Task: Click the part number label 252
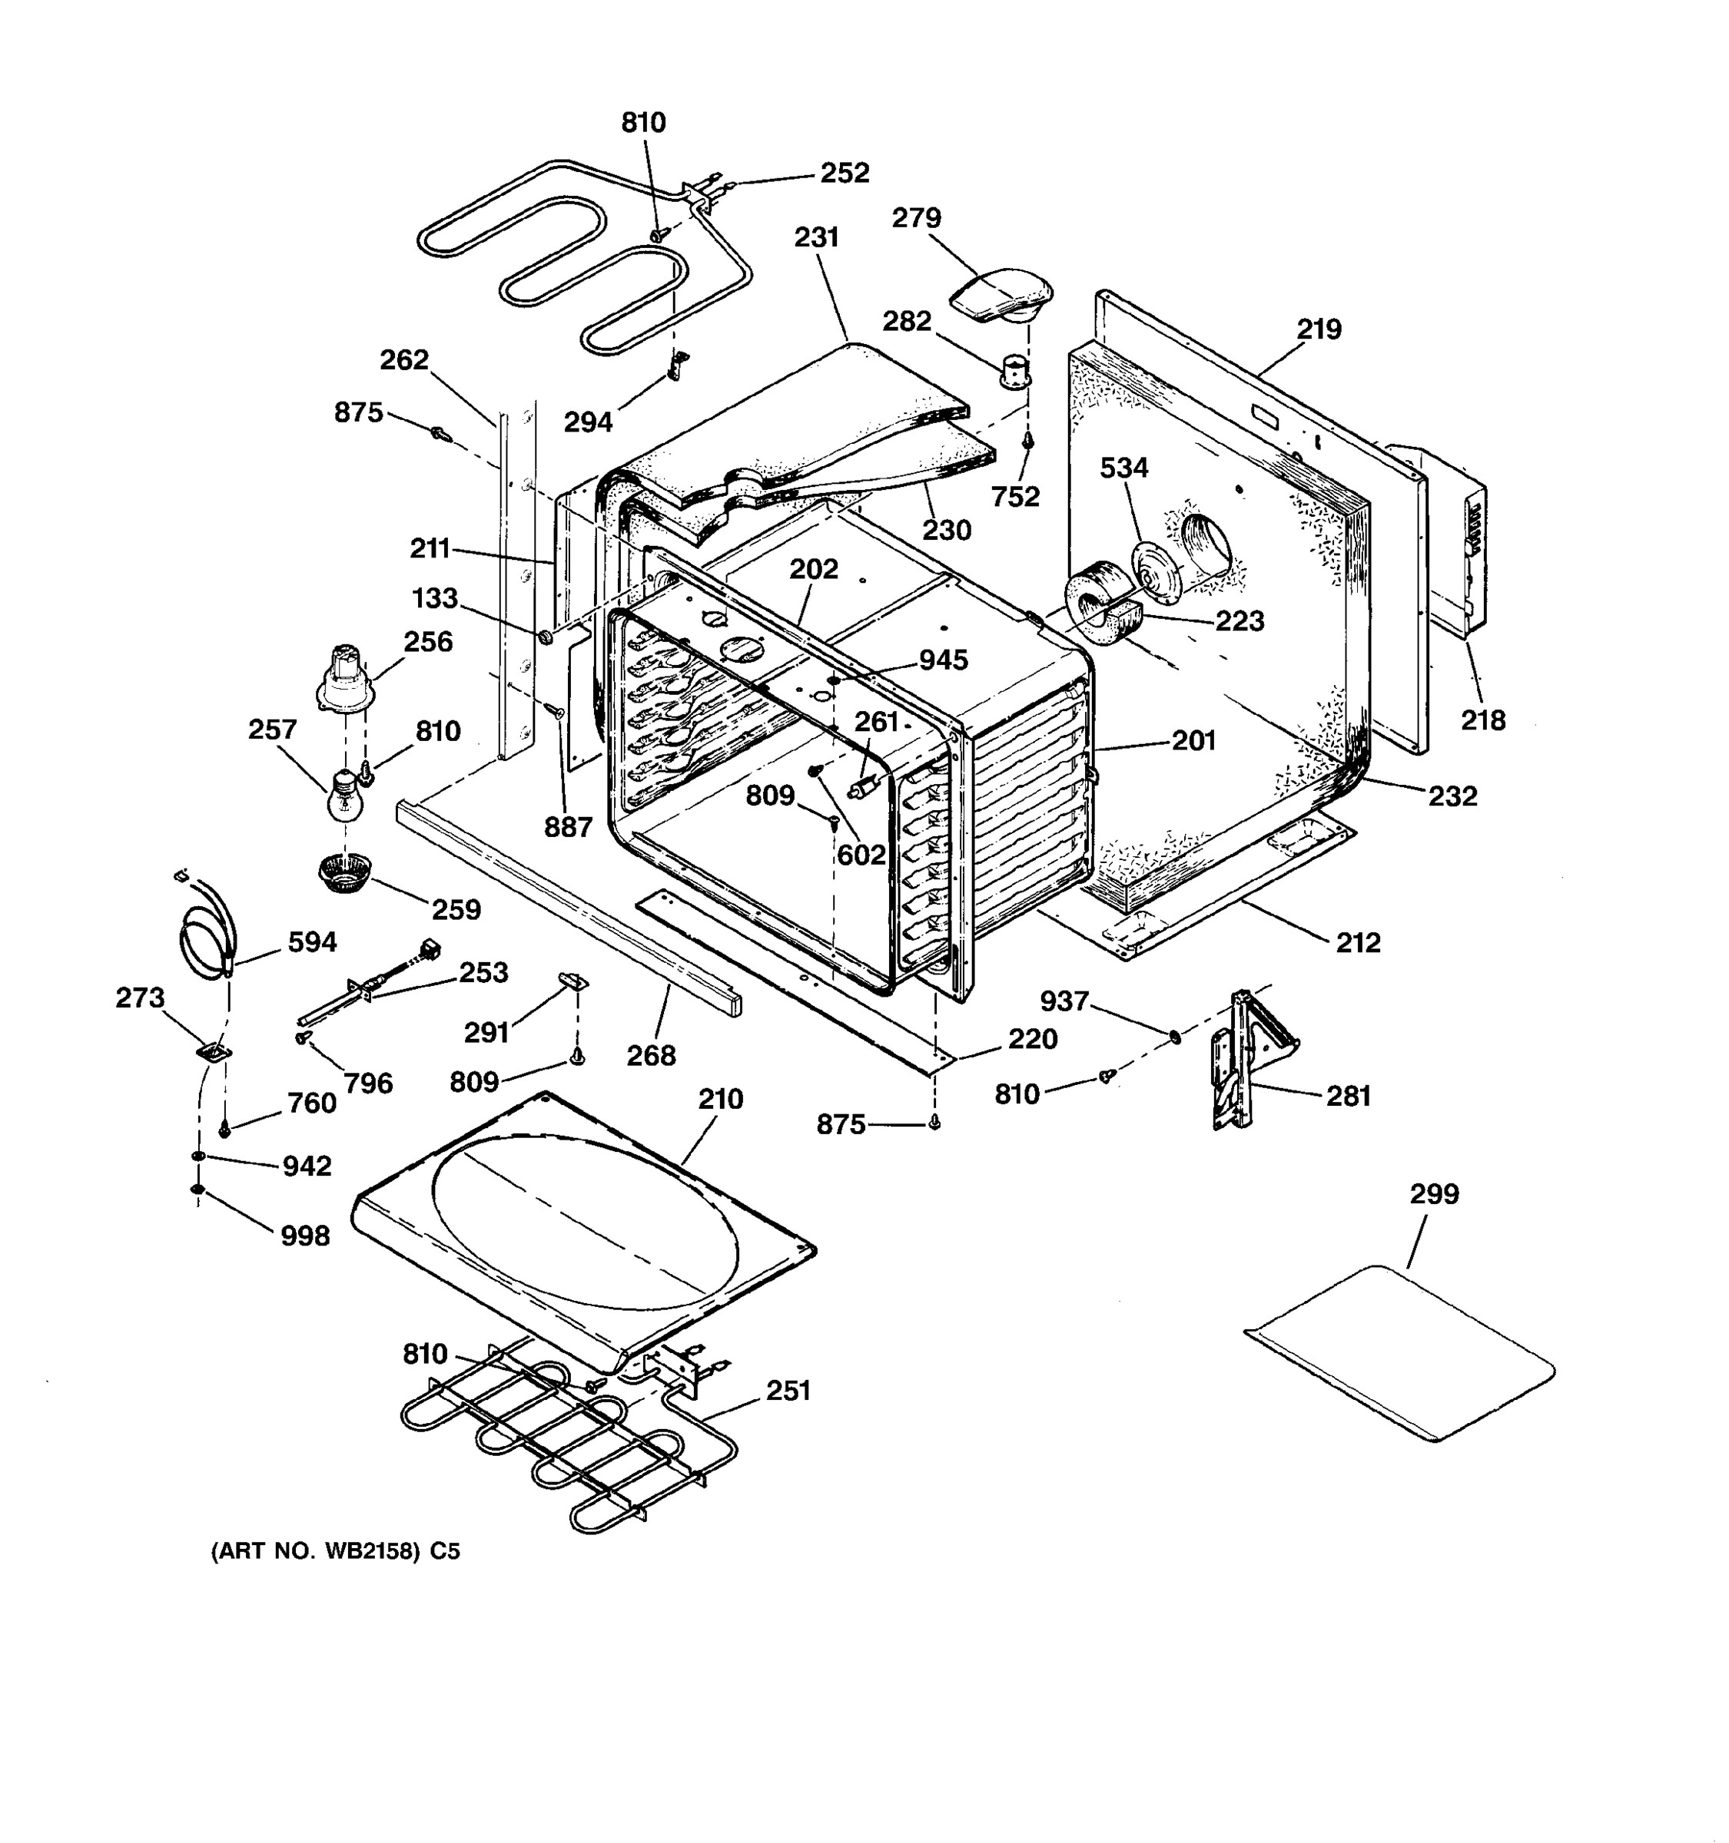[x=844, y=174]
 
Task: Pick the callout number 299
[x=1434, y=1194]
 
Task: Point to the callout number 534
[x=1124, y=468]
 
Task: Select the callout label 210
[x=721, y=1100]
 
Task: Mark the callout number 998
[x=305, y=1236]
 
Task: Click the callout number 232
[x=1452, y=796]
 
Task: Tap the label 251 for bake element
[x=788, y=1391]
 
